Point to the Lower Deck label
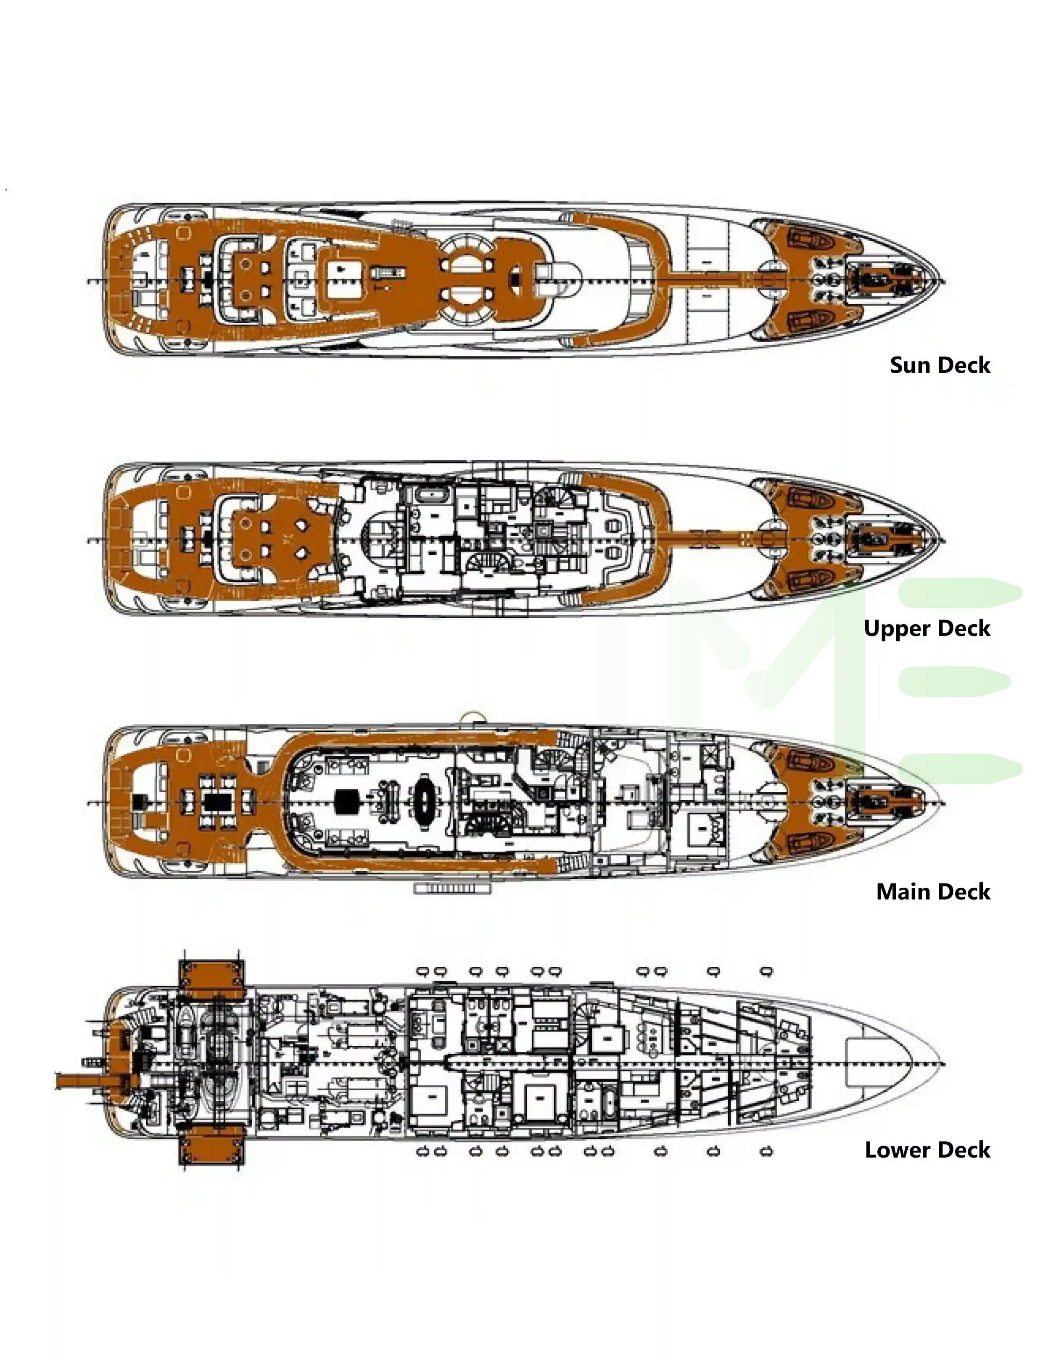coord(927,1150)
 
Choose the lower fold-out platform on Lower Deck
coord(211,1145)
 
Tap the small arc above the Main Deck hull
coord(472,718)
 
